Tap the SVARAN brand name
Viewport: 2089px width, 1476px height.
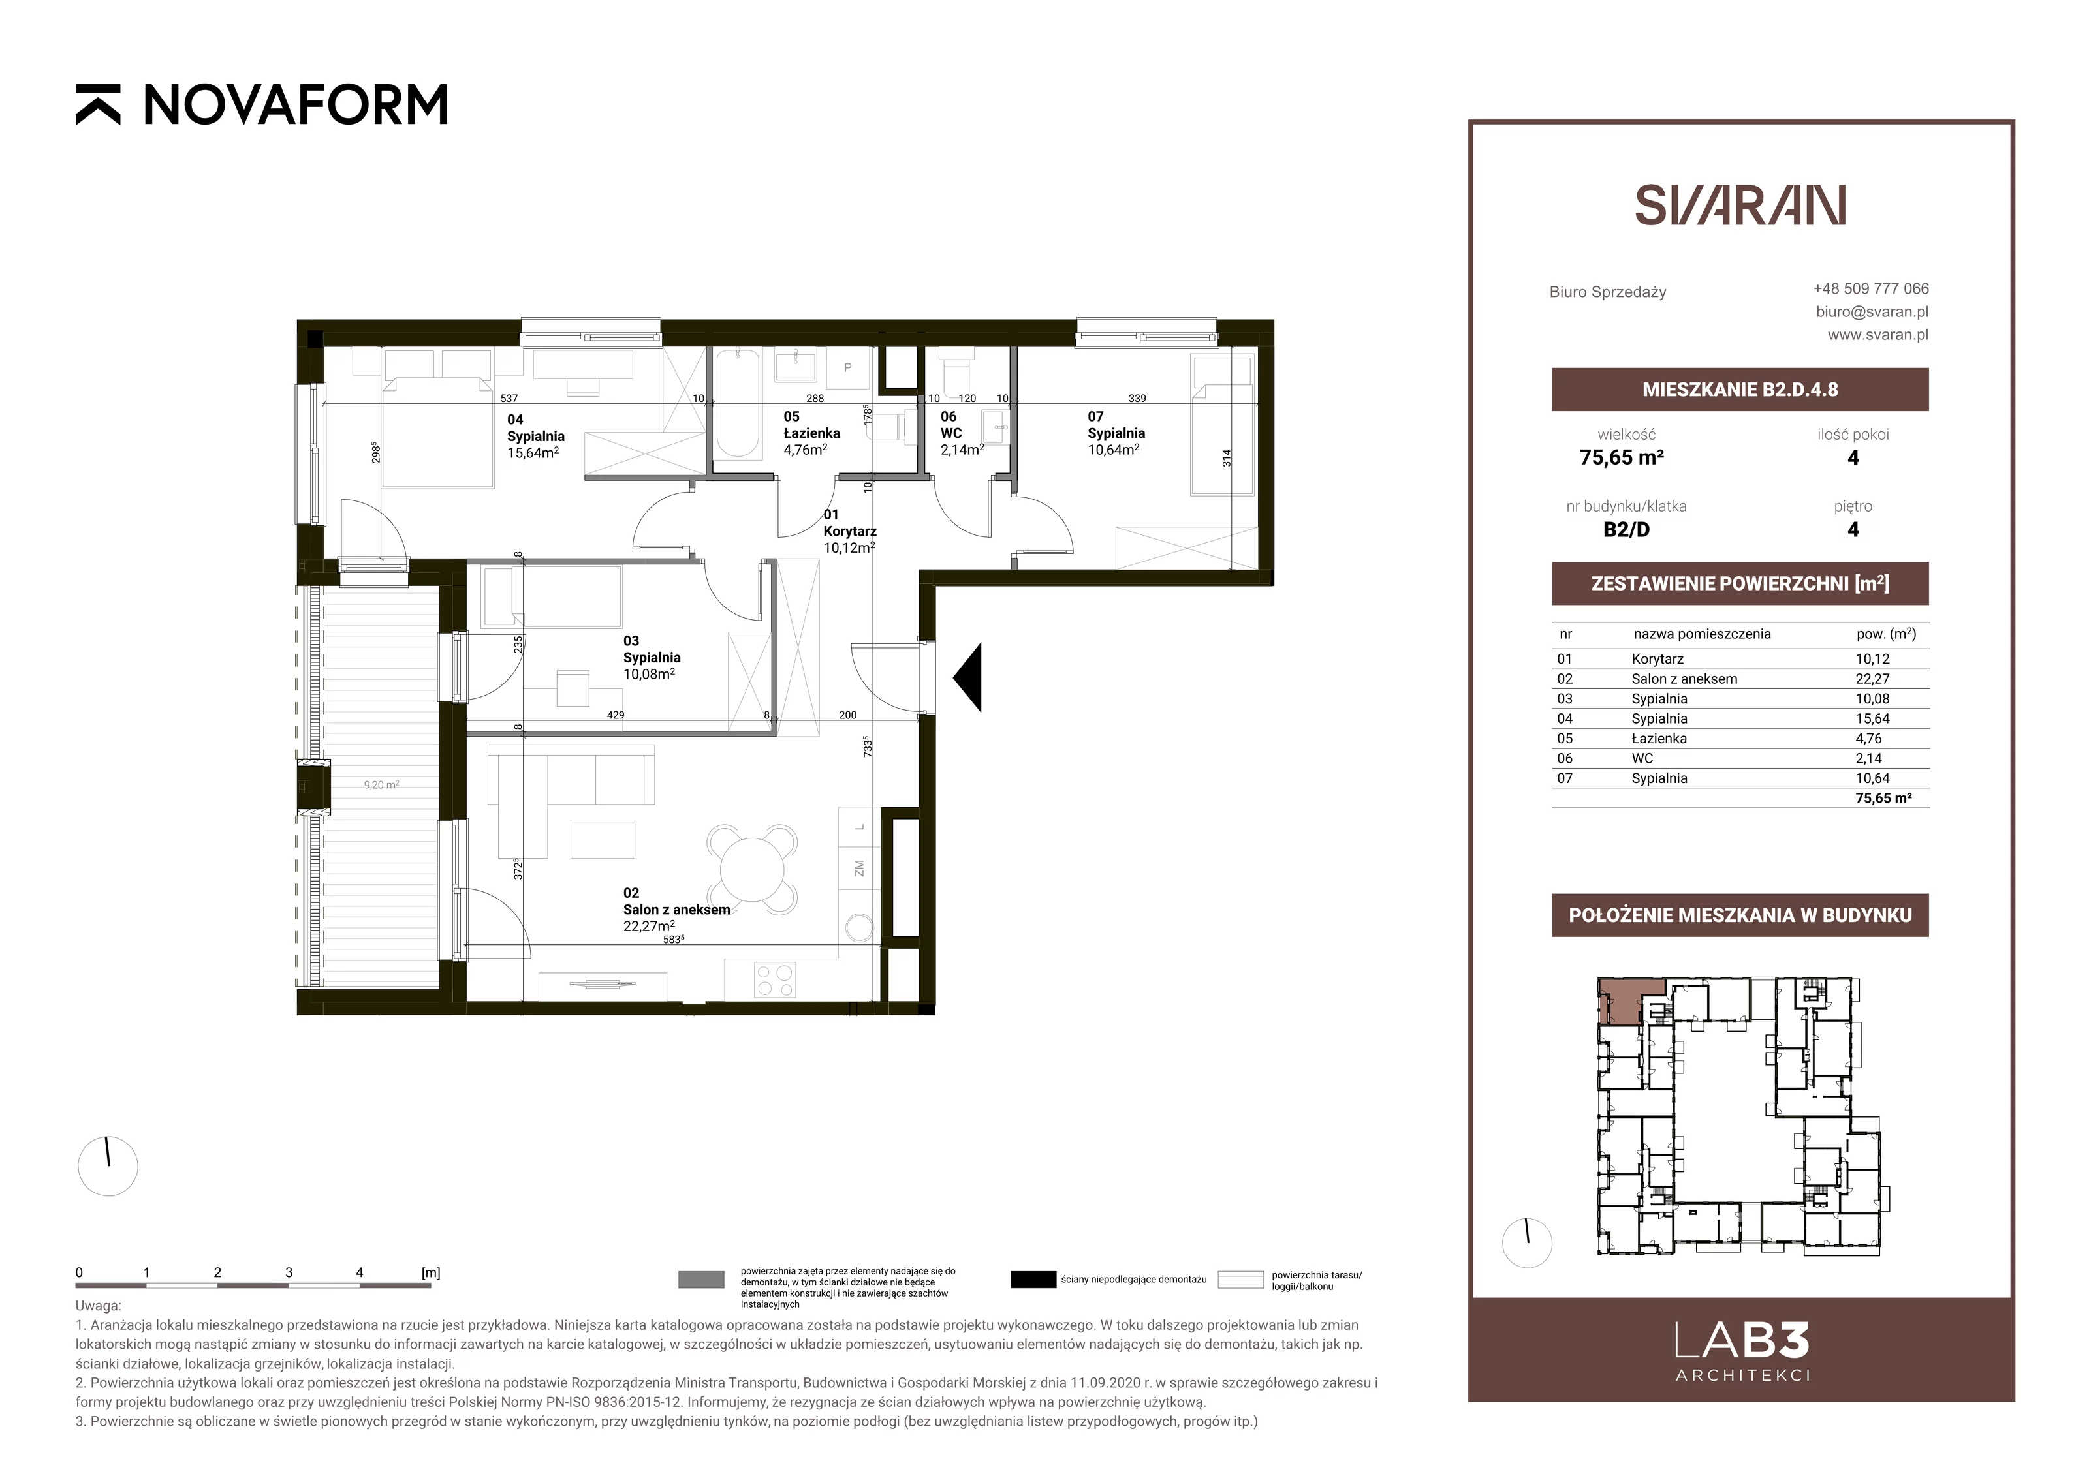point(1740,206)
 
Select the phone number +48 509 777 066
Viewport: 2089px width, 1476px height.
point(1871,288)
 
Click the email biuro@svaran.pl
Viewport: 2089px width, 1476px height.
point(1872,311)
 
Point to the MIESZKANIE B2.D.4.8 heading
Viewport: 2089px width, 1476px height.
point(1740,390)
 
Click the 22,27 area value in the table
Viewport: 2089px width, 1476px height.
point(1872,679)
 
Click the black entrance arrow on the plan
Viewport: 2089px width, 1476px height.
point(967,677)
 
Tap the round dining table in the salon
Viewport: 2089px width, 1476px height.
point(751,869)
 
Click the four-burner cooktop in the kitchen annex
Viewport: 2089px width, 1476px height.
point(774,979)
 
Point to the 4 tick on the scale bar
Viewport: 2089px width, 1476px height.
point(360,1273)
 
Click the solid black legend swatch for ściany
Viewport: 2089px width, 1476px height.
point(1033,1280)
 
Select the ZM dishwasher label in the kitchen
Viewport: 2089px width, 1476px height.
point(859,869)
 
